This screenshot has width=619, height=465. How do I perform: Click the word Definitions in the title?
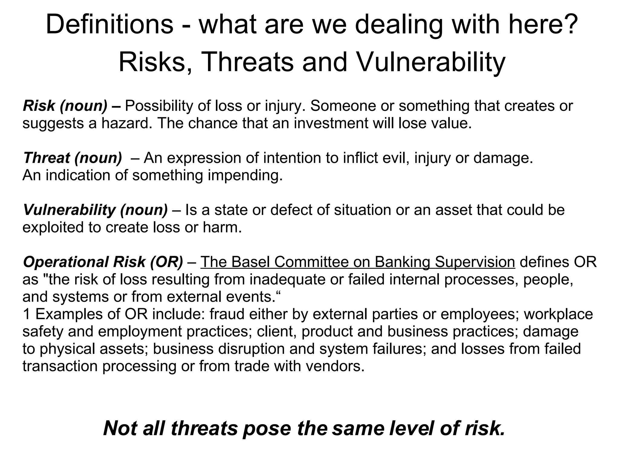109,25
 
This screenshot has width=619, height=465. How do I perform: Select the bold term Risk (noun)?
65,106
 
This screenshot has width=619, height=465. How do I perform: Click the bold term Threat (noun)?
73,158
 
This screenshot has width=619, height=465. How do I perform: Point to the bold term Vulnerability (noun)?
95,210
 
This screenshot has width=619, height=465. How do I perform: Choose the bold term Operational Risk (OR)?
103,262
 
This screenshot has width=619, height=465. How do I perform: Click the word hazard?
127,124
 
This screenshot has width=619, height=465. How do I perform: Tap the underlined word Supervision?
475,262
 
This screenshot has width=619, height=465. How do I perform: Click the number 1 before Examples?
27,314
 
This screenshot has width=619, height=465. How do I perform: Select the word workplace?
558,314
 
